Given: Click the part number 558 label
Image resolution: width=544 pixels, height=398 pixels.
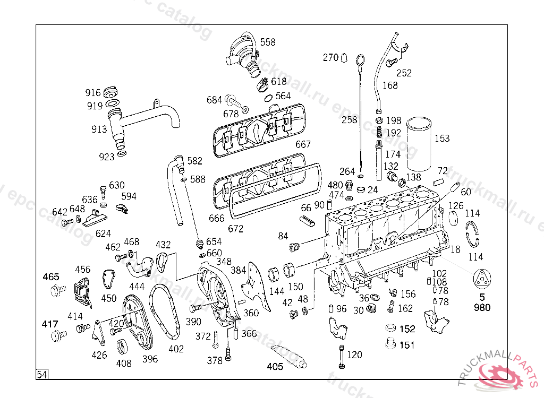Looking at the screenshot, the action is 268,42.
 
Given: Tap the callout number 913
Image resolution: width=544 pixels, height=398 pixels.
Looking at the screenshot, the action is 99,129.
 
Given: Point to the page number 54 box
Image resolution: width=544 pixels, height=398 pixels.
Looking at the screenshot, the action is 42,375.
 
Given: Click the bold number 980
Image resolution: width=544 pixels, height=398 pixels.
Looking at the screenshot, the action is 482,307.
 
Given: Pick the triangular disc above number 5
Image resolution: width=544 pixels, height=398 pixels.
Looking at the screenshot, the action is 482,279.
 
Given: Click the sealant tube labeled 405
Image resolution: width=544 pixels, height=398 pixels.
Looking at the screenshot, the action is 288,357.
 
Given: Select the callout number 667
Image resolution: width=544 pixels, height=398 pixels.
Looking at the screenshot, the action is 303,144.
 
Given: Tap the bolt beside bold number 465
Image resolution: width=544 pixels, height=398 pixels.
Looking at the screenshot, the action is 57,290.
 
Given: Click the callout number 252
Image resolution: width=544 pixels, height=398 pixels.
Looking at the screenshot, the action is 404,73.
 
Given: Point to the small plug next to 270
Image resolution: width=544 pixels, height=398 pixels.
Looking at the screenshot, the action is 344,57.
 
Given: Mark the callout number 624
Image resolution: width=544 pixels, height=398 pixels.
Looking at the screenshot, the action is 103,233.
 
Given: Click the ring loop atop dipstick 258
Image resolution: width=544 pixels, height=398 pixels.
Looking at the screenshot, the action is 361,60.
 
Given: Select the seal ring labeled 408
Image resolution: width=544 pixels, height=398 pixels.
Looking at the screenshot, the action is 122,347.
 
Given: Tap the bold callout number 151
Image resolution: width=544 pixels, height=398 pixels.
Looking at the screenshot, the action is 407,345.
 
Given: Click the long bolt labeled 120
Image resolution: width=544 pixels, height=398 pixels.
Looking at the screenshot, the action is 342,357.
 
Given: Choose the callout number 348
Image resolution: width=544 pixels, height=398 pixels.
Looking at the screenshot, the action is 224,262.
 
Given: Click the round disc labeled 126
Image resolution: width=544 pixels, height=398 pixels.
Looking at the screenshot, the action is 454,219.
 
